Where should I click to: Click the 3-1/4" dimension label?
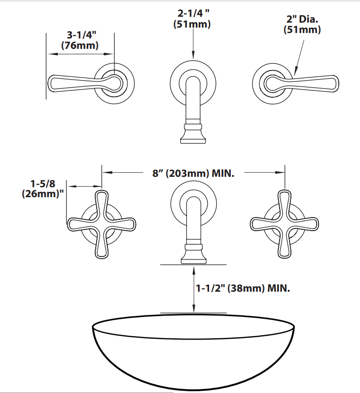81,35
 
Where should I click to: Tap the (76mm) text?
80,45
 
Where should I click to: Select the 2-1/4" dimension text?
193,13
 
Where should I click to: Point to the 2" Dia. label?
302,19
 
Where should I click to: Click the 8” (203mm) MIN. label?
193,173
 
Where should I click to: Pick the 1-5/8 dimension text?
42,184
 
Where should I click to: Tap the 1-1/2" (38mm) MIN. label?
243,288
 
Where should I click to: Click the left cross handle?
102,224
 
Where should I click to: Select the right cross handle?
285,224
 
